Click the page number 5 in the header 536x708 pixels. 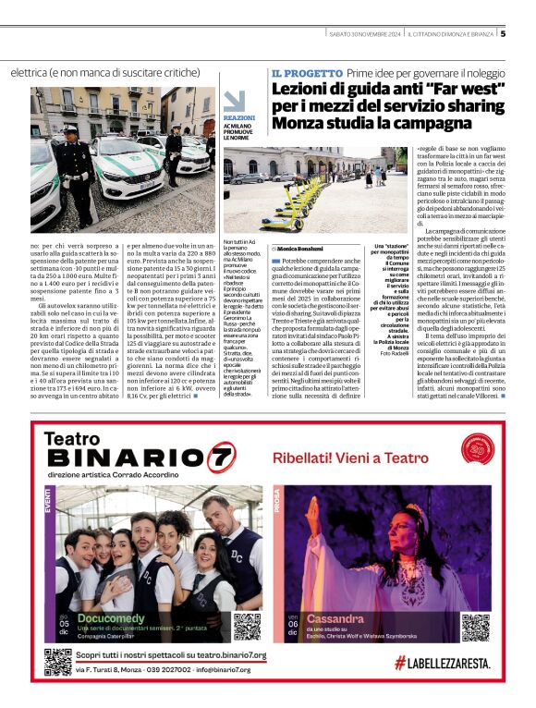[x=503, y=33]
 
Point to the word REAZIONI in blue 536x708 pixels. [x=239, y=118]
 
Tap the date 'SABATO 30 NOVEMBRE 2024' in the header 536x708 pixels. [x=367, y=33]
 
